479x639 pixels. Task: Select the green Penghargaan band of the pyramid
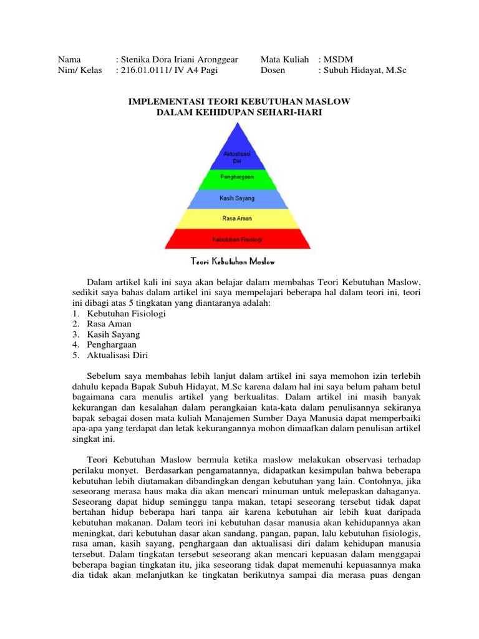coord(236,177)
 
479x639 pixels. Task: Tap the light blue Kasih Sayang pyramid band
coord(236,198)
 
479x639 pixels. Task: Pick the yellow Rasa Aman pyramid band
coord(236,218)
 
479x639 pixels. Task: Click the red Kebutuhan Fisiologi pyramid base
coord(236,239)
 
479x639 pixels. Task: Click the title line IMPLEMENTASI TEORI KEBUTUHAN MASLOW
coord(239,100)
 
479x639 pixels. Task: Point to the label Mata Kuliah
coord(284,59)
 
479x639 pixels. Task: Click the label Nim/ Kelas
coord(80,70)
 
